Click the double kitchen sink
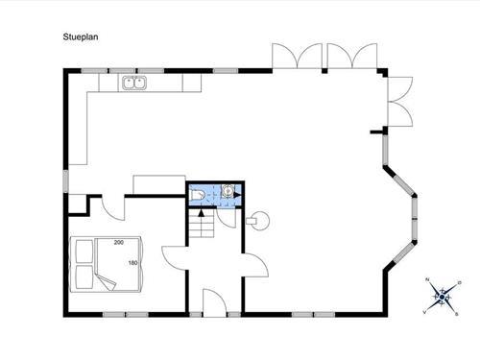(134, 84)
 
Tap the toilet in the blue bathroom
(197, 194)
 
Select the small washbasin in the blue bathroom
(228, 190)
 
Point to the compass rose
(441, 297)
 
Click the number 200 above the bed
(119, 243)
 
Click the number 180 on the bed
(132, 263)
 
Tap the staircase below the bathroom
(202, 227)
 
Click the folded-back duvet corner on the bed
(108, 281)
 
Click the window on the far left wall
(66, 180)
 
